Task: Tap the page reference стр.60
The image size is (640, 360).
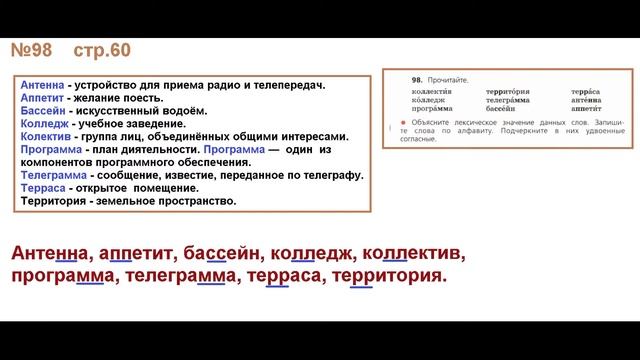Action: (101, 51)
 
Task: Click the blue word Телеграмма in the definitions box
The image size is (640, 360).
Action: (51, 174)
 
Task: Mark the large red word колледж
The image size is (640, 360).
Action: (309, 250)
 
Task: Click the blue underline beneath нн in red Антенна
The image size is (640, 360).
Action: (66, 262)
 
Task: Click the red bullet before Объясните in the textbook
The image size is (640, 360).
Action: (402, 121)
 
